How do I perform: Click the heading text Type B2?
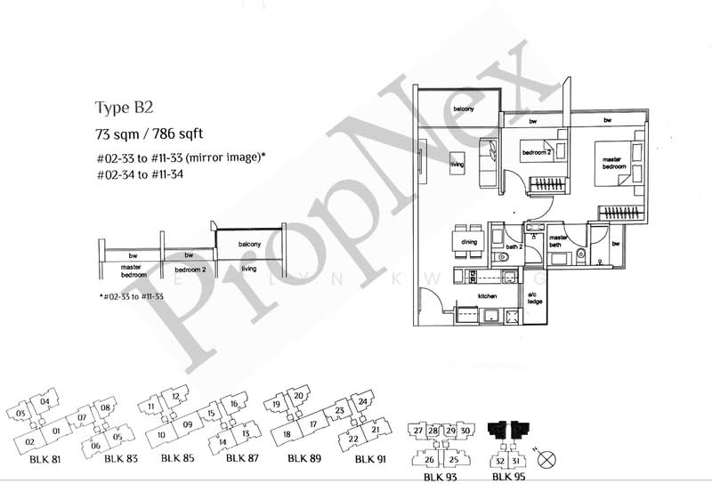tap(124, 109)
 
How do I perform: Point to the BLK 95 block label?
tap(509, 476)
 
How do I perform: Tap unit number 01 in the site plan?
tap(56, 432)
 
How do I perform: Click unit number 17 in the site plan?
tap(313, 424)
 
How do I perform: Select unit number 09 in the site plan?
tap(188, 425)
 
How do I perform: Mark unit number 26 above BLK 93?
tap(428, 459)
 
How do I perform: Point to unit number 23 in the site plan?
tap(339, 411)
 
